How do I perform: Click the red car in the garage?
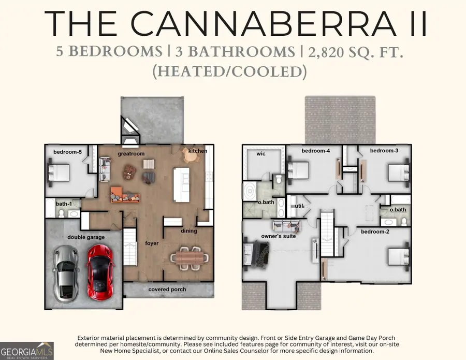pos(100,272)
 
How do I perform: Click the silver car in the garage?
pos(66,273)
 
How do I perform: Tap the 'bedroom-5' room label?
pos(67,152)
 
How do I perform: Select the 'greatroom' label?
pos(131,154)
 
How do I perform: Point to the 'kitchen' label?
pos(198,151)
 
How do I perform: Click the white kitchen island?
pos(182,184)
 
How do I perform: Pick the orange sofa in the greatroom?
pos(125,195)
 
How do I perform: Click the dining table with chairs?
pos(189,258)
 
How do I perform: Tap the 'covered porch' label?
pos(167,289)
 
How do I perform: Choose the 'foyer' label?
pos(152,243)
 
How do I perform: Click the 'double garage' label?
pos(86,237)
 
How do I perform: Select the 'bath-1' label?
pos(64,204)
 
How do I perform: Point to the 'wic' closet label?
pos(261,154)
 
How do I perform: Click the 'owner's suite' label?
pos(279,236)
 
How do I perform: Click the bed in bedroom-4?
pos(298,170)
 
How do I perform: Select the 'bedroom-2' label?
pos(375,231)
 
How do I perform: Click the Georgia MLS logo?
pos(27,351)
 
